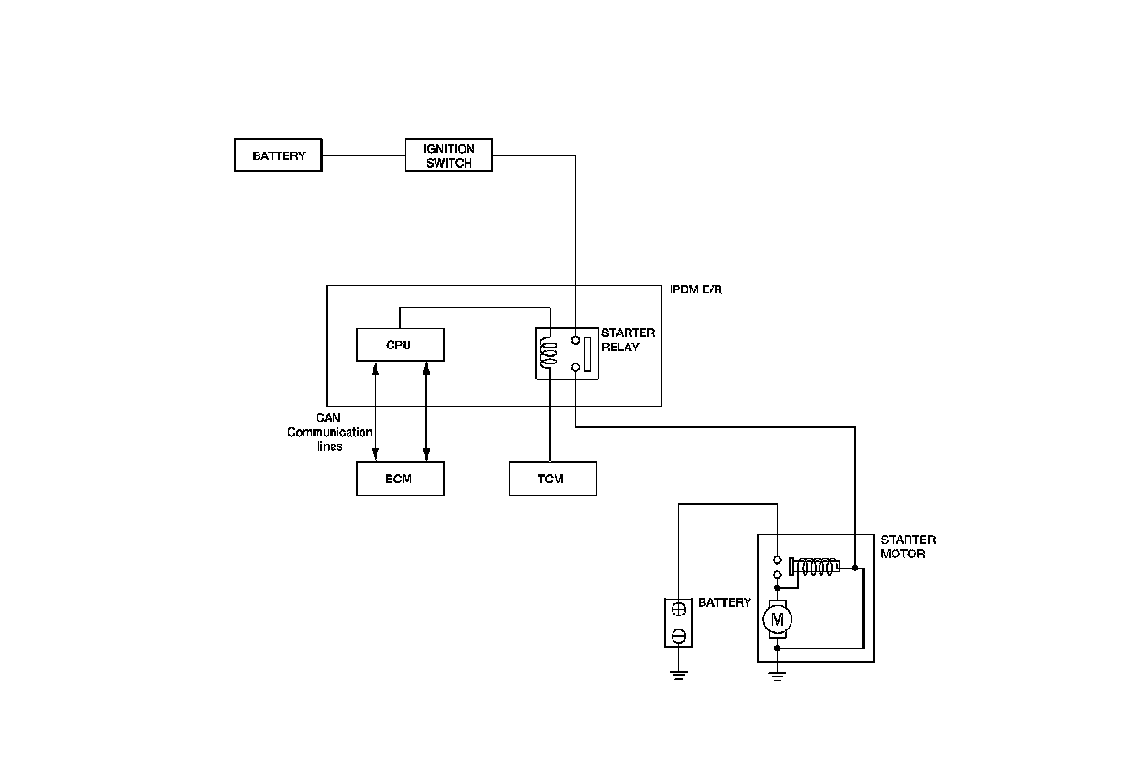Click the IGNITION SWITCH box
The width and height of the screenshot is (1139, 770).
[x=448, y=155]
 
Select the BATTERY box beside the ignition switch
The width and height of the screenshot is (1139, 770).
[x=278, y=155]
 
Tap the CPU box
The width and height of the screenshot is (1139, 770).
[x=400, y=345]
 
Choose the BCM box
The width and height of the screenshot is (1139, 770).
[x=400, y=479]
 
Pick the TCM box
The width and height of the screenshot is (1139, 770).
[x=552, y=479]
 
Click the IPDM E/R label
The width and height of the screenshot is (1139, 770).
[x=696, y=290]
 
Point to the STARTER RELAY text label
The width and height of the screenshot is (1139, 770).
[x=628, y=339]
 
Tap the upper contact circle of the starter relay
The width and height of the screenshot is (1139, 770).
[x=575, y=340]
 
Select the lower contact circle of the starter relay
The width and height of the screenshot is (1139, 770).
[x=575, y=368]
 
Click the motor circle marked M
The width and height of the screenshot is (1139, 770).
[x=777, y=618]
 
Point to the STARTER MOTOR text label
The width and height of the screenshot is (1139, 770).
[x=908, y=547]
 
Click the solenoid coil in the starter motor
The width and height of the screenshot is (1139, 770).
[x=817, y=566]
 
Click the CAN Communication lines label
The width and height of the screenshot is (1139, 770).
[x=329, y=432]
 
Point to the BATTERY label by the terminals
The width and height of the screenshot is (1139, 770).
[x=724, y=602]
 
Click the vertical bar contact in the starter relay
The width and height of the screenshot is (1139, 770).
[x=588, y=354]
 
